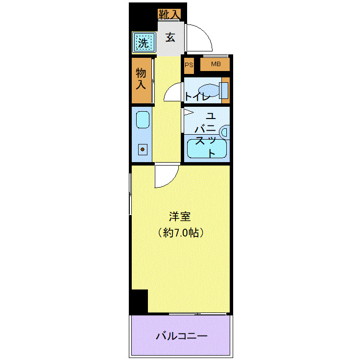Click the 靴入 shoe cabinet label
(x=168, y=14)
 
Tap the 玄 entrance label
(x=169, y=37)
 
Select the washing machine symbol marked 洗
(x=143, y=43)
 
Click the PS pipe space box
(x=189, y=65)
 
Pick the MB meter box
(x=216, y=64)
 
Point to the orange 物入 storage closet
(x=142, y=80)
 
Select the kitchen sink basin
(x=142, y=120)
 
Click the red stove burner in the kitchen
(x=143, y=149)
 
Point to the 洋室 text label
(x=179, y=216)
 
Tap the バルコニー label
(x=182, y=336)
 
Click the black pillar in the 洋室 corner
(x=139, y=301)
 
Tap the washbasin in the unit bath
(x=225, y=132)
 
